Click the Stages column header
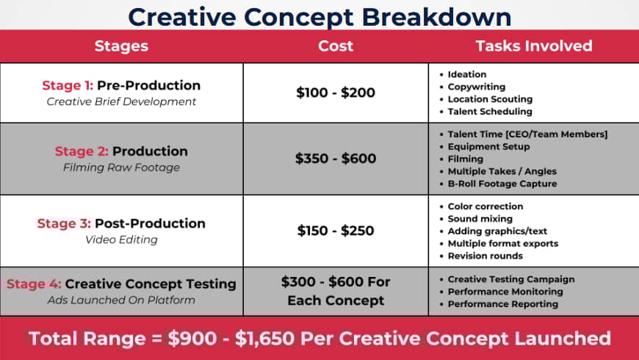(121, 46)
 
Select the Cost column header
(336, 46)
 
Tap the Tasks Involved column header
(534, 46)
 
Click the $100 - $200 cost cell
(336, 93)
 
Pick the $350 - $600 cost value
(336, 158)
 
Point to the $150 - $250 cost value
(336, 231)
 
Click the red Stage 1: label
(68, 85)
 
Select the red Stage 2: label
(82, 151)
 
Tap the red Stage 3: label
(64, 223)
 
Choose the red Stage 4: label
(34, 284)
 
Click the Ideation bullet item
(466, 74)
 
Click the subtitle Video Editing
(121, 240)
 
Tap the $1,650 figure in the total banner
(264, 339)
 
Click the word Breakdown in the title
(436, 17)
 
